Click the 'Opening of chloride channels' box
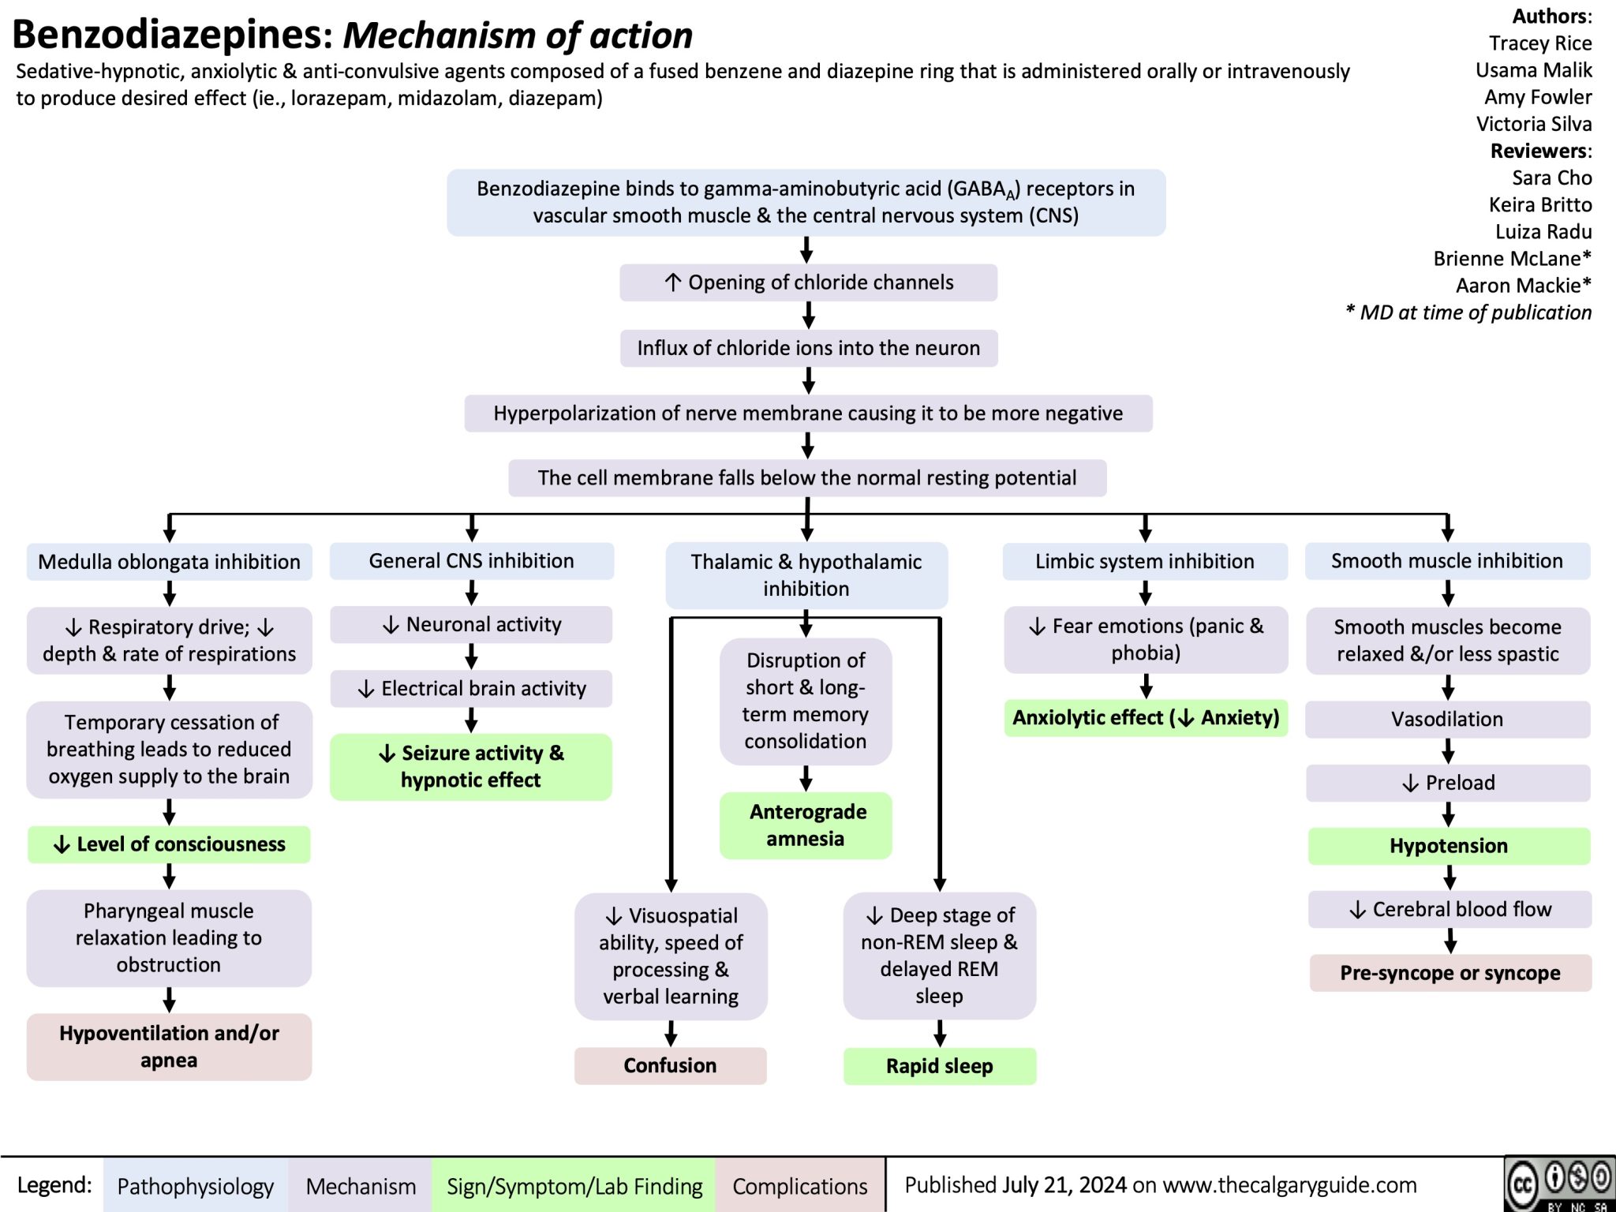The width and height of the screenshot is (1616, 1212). click(808, 282)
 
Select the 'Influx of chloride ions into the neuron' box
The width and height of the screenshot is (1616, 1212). click(808, 348)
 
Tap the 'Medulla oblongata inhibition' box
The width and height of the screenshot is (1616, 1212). click(169, 562)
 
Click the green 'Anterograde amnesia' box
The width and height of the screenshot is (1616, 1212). click(806, 825)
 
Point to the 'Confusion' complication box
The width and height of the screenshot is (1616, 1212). click(670, 1066)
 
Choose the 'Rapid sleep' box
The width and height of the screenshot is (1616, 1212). click(939, 1067)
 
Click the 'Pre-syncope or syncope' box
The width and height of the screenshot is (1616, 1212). click(1450, 973)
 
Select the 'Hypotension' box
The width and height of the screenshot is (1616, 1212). click(1448, 846)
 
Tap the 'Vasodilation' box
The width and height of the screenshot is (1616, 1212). click(1446, 720)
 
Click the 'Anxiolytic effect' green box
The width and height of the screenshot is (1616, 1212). click(1146, 718)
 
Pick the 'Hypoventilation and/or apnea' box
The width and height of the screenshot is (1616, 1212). click(169, 1047)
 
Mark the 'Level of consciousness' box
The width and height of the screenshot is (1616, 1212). click(169, 844)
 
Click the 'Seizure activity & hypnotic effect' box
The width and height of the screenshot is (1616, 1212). click(471, 767)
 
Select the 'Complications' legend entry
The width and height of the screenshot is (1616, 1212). click(799, 1186)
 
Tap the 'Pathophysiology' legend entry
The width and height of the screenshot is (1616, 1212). click(195, 1186)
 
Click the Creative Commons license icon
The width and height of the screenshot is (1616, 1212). click(1559, 1183)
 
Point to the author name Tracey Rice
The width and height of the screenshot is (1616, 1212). click(1539, 43)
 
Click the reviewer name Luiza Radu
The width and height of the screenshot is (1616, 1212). click(1543, 232)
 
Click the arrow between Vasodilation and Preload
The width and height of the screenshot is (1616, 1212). click(1448, 751)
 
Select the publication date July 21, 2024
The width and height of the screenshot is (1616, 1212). click(1064, 1184)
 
